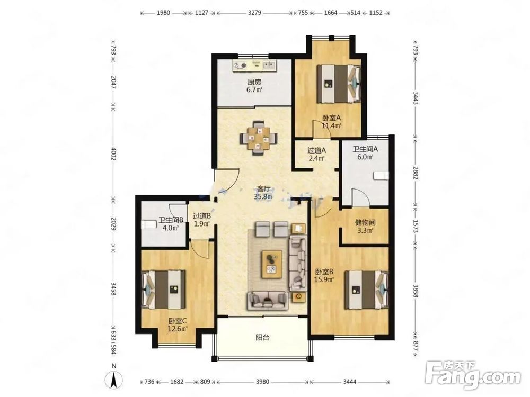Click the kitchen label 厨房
coord(254,82)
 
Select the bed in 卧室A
coord(339,84)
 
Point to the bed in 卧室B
coord(366,290)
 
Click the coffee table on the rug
coord(272,264)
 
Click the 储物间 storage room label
coord(365,222)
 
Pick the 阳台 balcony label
coord(262,337)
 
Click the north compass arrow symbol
coord(114,380)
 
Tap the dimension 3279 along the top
coord(254,13)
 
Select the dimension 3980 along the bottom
coord(262,382)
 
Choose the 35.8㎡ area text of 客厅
coord(263,196)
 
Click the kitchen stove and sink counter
coord(254,66)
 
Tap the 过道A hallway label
coord(317,150)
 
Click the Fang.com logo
coord(473,375)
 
